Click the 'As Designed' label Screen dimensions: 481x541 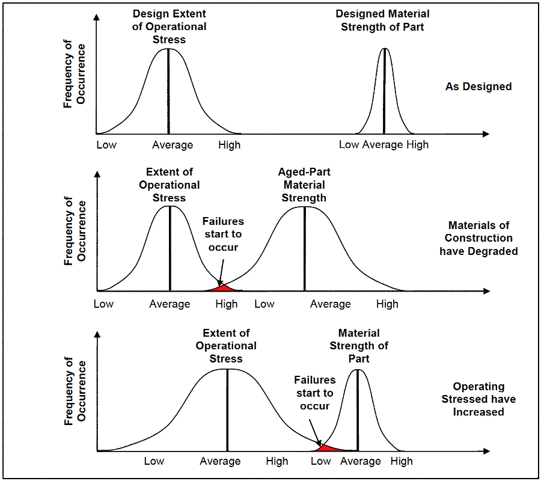[x=478, y=87]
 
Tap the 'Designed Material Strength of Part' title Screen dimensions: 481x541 [x=382, y=20]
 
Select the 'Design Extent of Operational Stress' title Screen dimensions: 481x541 [x=169, y=26]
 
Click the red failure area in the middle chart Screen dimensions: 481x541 [x=222, y=288]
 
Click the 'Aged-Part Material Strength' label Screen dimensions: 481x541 [x=304, y=185]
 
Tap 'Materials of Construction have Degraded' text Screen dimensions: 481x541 [x=478, y=238]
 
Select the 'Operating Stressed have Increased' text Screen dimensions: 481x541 [x=478, y=399]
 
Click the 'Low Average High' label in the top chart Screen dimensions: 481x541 [x=384, y=145]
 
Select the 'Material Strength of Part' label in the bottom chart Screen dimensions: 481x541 [x=359, y=345]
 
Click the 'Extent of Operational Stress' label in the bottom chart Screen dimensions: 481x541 [x=226, y=346]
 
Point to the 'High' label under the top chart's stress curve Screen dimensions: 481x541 [x=229, y=145]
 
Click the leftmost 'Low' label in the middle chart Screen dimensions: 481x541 [x=104, y=304]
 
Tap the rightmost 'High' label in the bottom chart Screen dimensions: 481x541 [x=402, y=461]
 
